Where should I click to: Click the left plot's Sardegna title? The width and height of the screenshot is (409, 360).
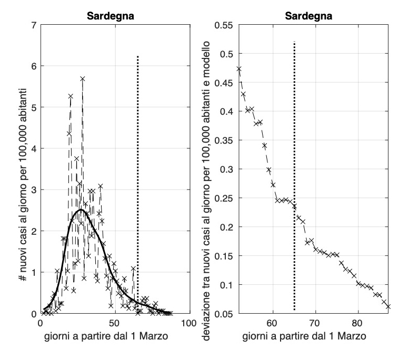pyautogui.click(x=110, y=16)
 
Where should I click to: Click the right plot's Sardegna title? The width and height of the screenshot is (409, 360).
pyautogui.click(x=312, y=16)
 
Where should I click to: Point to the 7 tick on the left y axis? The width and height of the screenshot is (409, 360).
pyautogui.click(x=34, y=25)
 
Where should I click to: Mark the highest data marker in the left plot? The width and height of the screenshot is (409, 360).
pyautogui.click(x=83, y=79)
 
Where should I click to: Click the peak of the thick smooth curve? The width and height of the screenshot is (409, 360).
pyautogui.click(x=81, y=210)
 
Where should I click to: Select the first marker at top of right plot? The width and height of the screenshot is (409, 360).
pyautogui.click(x=239, y=69)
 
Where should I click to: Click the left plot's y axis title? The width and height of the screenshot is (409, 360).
pyautogui.click(x=24, y=168)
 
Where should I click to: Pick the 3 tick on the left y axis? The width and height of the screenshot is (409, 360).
pyautogui.click(x=34, y=189)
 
